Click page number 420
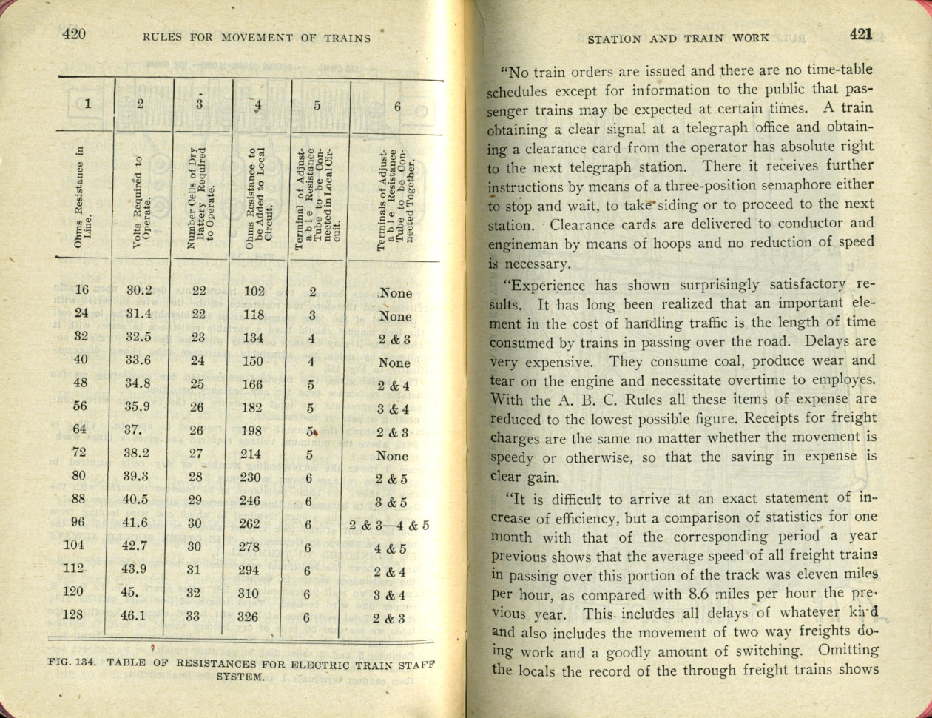point(74,34)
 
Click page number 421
point(861,34)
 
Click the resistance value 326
point(254,616)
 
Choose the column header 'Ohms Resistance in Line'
point(84,198)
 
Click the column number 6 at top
point(397,106)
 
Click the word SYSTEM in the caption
point(240,677)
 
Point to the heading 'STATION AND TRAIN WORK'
point(678,38)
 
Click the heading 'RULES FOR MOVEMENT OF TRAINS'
point(257,38)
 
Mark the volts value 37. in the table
point(133,430)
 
